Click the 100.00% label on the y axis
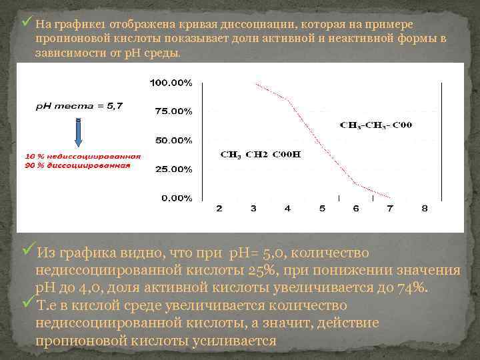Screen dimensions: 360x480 pyautogui.click(x=171, y=83)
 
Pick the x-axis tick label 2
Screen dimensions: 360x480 pyautogui.click(x=219, y=209)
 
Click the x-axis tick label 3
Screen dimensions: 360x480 pyautogui.click(x=253, y=209)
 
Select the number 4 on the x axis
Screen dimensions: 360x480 pyautogui.click(x=287, y=209)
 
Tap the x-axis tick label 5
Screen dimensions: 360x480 pyautogui.click(x=322, y=209)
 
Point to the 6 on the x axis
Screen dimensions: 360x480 pyautogui.click(x=356, y=209)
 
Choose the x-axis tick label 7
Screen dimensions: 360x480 pyautogui.click(x=391, y=209)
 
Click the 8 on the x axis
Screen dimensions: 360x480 pyautogui.click(x=425, y=209)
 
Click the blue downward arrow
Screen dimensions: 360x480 pyautogui.click(x=79, y=133)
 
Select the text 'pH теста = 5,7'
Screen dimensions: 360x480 pyautogui.click(x=79, y=105)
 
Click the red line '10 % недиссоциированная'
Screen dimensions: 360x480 pyautogui.click(x=82, y=157)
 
